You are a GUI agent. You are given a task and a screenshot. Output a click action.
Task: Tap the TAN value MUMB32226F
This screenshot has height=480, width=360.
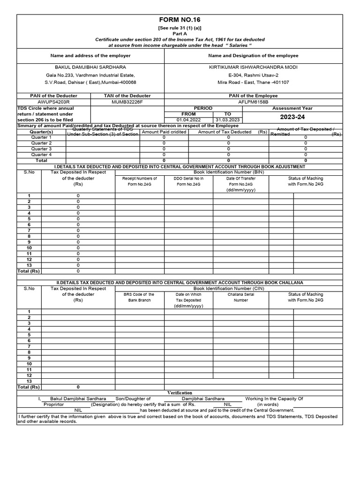pos(127,102)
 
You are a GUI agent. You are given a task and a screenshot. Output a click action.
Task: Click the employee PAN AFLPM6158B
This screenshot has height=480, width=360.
pos(253,102)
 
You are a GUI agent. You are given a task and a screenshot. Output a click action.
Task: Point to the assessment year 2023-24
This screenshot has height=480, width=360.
pos(293,117)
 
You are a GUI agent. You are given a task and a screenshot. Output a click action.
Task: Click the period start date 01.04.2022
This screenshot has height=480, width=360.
pos(188,120)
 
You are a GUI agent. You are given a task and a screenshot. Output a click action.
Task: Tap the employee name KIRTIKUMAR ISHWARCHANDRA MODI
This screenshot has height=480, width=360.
pos(253,67)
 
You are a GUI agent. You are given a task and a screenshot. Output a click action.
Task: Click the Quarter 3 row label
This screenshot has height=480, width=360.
pos(41,149)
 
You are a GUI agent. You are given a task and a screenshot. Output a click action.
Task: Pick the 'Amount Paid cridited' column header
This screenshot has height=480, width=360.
pos(164,132)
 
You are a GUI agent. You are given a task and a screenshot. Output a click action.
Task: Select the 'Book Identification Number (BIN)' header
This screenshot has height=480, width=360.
pos(229,172)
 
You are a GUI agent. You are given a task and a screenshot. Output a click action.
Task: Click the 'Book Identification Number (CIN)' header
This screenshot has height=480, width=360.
pos(229,288)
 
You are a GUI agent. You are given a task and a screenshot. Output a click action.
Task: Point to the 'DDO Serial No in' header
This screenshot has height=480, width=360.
pos(188,179)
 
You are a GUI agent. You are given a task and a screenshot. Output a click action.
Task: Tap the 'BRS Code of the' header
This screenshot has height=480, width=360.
pos(139,294)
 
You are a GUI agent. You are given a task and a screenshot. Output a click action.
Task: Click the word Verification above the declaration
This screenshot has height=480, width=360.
pos(180,392)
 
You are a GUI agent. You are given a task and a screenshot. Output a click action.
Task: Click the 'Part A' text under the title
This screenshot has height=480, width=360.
pos(180,34)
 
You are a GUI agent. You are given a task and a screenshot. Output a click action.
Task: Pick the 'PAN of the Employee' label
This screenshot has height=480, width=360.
pos(253,96)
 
